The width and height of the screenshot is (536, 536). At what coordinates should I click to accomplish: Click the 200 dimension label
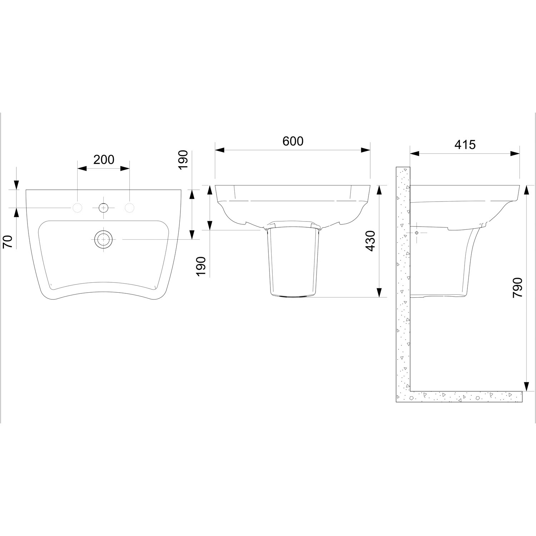104,159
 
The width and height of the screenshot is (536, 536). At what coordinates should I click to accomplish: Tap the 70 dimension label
8,242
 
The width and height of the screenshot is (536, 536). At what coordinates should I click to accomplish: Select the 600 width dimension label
293,141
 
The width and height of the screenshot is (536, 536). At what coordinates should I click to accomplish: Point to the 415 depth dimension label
465,145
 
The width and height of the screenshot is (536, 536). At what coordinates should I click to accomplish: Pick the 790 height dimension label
517,288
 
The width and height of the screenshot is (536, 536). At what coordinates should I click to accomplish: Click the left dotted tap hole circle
78,208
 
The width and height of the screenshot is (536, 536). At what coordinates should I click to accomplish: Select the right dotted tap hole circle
130,208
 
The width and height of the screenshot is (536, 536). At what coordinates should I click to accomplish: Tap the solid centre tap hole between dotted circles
104,208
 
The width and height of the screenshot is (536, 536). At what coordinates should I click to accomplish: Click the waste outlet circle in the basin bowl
104,239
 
